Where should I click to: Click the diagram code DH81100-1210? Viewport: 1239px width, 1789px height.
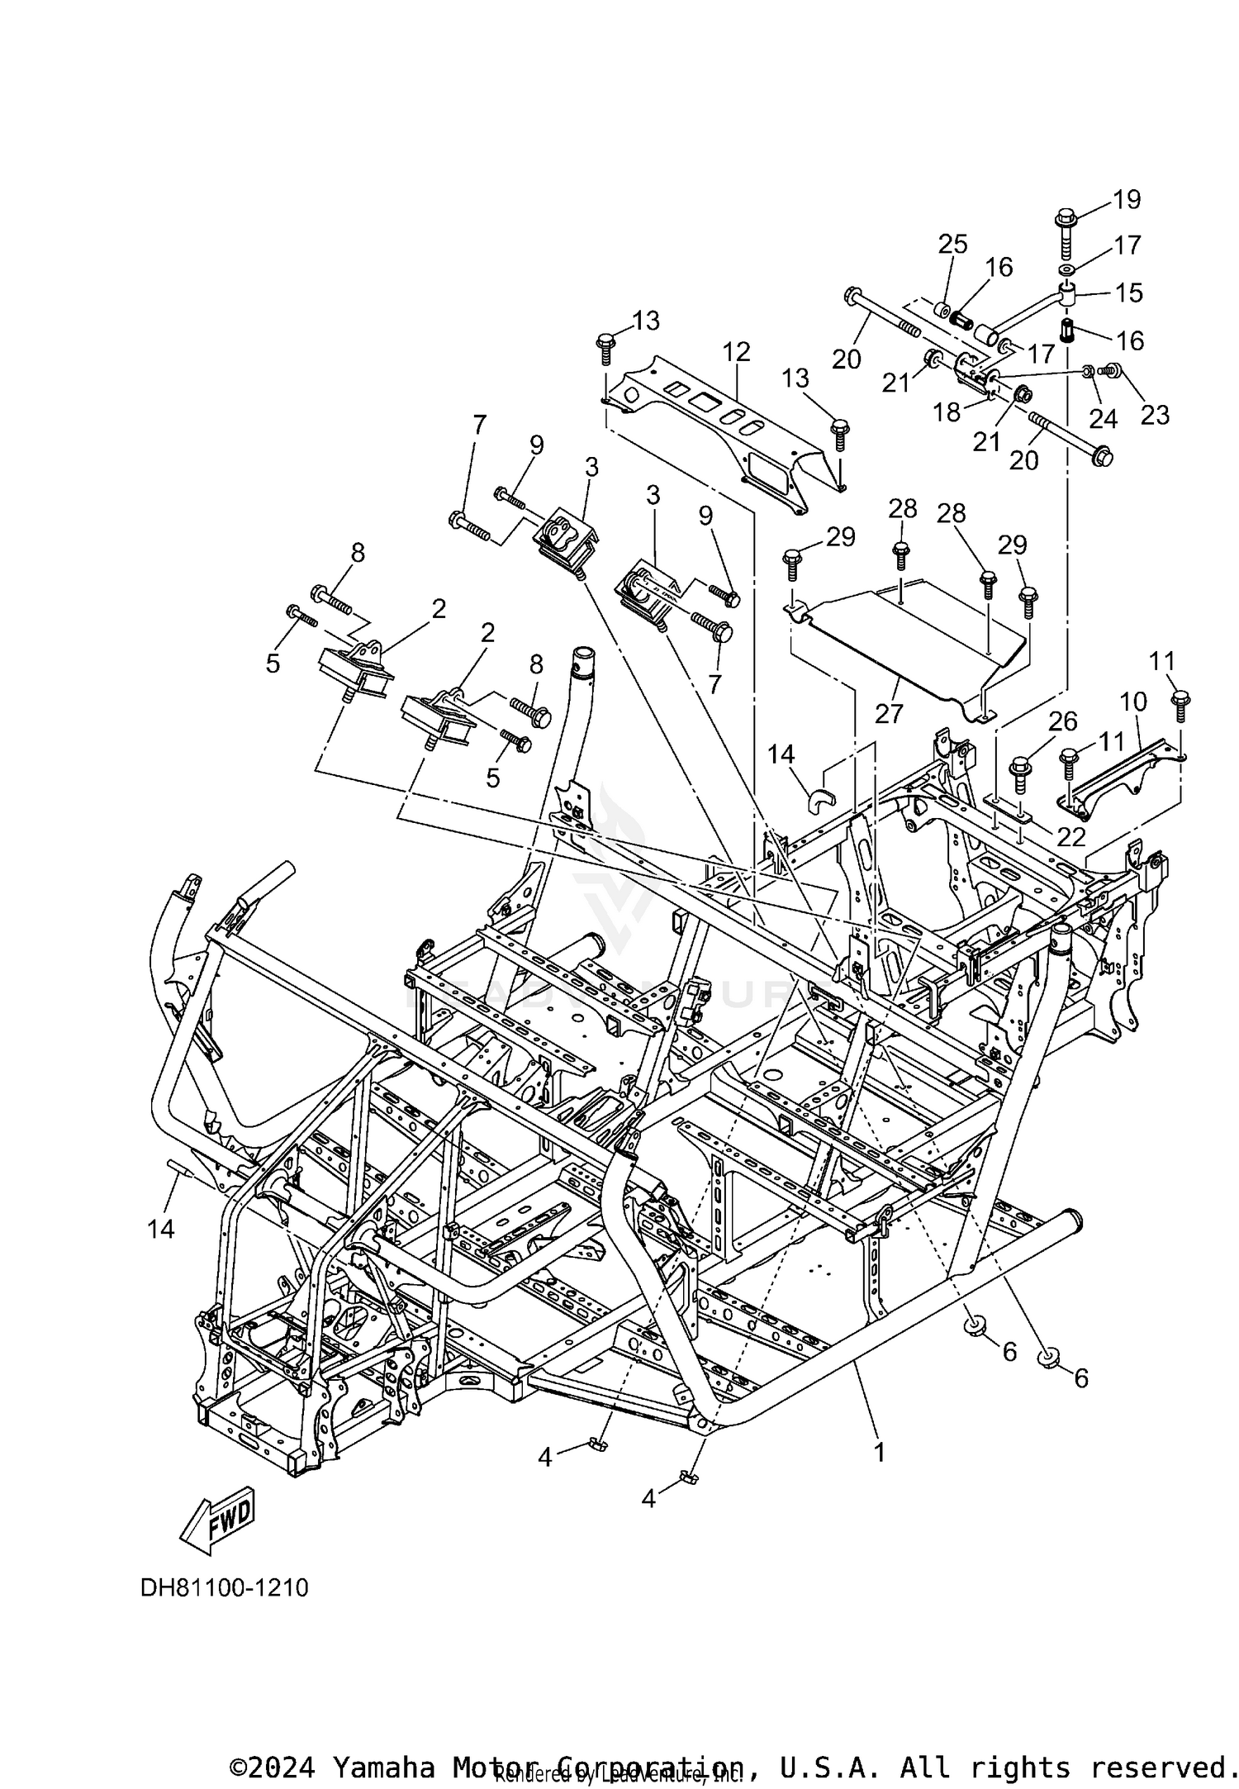coord(224,1588)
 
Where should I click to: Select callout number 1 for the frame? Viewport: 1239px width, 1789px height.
coord(880,1452)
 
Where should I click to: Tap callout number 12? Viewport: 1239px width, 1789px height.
coord(736,352)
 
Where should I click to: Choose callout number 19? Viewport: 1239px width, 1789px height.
coord(1127,200)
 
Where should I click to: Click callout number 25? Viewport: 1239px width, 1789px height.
coord(952,244)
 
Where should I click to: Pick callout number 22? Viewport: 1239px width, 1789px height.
coord(1071,837)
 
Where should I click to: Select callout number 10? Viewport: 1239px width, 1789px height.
coord(1133,702)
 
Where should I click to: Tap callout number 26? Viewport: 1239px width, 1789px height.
coord(1063,721)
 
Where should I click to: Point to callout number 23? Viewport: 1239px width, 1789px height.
coord(1155,414)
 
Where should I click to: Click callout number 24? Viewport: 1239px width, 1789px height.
coord(1103,419)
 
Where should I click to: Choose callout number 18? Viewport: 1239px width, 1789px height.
coord(947,412)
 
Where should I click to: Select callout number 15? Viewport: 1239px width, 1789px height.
coord(1129,293)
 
